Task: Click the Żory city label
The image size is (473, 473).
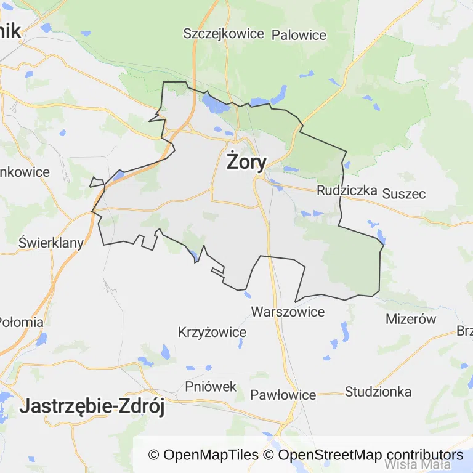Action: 246,162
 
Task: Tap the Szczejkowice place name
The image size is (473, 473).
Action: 224,34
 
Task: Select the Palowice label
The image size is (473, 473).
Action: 299,35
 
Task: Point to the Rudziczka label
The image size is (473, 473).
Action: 347,190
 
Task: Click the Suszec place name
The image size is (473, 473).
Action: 404,193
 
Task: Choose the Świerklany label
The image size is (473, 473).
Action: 51,243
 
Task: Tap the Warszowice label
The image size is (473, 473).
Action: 288,312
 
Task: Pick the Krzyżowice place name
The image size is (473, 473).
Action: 212,333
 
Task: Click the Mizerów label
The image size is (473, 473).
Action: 411,319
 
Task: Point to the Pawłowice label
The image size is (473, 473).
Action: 283,395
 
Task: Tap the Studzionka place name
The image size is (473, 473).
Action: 378,391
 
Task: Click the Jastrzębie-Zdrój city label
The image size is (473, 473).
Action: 92,407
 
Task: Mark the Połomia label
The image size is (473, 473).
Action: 21,321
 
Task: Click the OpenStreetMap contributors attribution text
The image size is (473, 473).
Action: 370,455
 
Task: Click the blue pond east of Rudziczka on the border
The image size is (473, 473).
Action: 381,236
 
